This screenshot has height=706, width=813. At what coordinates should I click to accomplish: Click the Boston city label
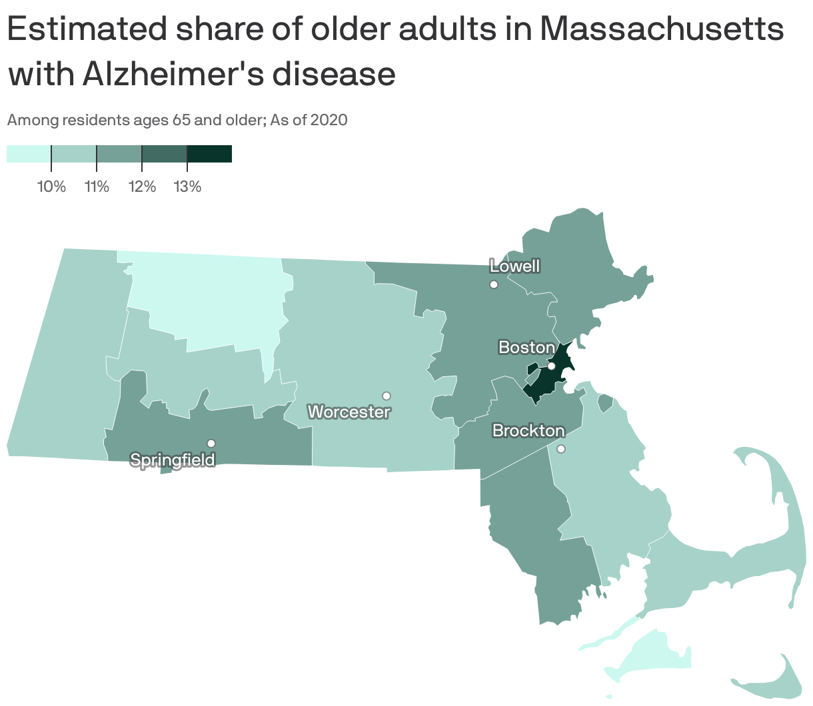pos(526,348)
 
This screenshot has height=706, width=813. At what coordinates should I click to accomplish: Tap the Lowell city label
pos(514,266)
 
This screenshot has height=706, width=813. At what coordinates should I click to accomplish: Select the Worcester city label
pos(349,412)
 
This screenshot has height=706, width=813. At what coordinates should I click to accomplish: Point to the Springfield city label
pos(173,460)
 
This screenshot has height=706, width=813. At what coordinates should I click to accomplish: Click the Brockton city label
pos(528,431)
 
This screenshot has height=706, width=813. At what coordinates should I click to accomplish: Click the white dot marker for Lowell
pos(494,284)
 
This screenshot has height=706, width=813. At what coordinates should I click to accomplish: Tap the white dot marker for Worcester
pos(386,396)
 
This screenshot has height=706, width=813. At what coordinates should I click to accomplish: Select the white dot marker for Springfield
pos(211,444)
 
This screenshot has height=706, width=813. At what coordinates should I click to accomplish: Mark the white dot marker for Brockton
pos(561,449)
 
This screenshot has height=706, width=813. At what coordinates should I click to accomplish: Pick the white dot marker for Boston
pos(551,366)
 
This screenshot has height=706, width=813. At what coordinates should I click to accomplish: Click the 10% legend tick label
pos(51,186)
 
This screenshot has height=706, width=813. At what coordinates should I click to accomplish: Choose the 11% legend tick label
pos(97,186)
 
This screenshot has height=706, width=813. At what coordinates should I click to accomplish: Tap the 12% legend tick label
pos(142,186)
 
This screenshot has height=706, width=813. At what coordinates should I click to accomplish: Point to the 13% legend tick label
pos(187,186)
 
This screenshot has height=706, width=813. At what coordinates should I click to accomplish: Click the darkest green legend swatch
pos(209,154)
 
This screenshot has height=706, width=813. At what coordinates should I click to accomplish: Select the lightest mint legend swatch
pos(29,154)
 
